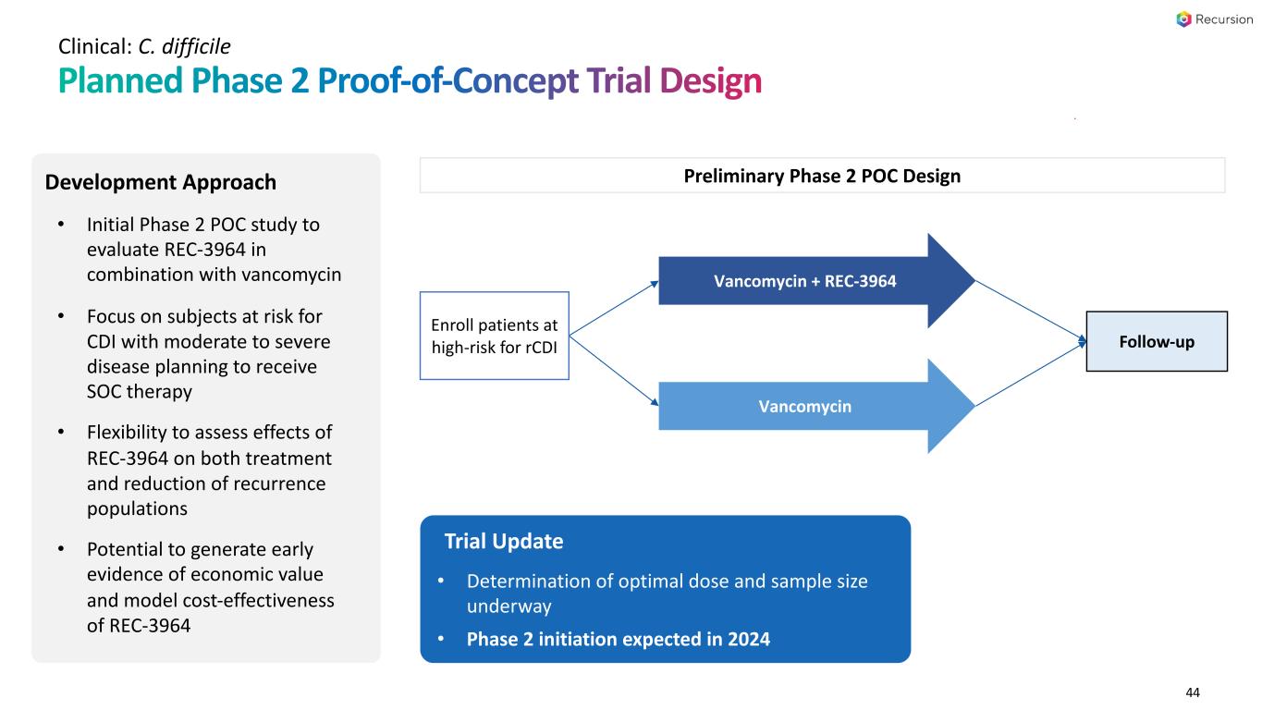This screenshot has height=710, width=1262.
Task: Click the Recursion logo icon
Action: pyautogui.click(x=1183, y=19)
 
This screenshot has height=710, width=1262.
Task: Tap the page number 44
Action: pyautogui.click(x=1193, y=692)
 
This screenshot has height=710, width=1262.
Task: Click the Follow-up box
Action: pyautogui.click(x=1157, y=341)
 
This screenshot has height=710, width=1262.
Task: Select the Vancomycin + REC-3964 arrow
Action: pyautogui.click(x=817, y=281)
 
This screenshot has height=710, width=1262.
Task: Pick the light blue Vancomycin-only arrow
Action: pyautogui.click(x=817, y=406)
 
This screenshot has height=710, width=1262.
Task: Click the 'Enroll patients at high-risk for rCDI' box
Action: pyautogui.click(x=494, y=336)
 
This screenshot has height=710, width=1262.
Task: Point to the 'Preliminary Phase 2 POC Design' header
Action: pyautogui.click(x=822, y=176)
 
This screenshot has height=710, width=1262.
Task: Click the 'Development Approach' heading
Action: pyautogui.click(x=161, y=182)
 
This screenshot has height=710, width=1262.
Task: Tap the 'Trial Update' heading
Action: pyautogui.click(x=504, y=541)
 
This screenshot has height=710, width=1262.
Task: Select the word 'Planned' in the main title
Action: pyautogui.click(x=120, y=80)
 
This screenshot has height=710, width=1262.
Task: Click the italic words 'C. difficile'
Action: pyautogui.click(x=184, y=46)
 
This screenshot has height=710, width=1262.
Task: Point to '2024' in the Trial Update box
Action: pyautogui.click(x=749, y=639)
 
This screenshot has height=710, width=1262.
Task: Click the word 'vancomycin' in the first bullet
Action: pyautogui.click(x=291, y=275)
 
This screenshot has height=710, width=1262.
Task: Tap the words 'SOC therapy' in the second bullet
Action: pyautogui.click(x=140, y=391)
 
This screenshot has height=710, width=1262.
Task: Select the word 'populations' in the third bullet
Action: pyautogui.click(x=137, y=508)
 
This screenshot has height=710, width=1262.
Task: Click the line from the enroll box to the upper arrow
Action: pyautogui.click(x=614, y=309)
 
